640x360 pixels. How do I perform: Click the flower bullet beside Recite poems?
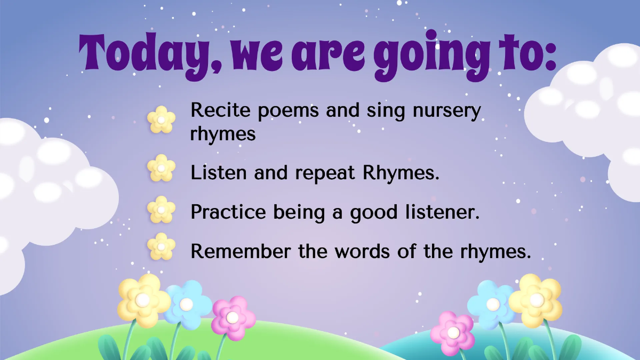coord(161,119)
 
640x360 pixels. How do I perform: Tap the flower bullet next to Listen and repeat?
coord(161,168)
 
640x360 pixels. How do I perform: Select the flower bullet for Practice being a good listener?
coord(161,209)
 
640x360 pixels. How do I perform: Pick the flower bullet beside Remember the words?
coord(161,246)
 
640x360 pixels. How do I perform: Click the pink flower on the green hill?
coord(233,318)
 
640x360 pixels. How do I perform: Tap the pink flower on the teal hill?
coord(453,333)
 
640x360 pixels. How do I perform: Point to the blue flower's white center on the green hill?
coord(186,305)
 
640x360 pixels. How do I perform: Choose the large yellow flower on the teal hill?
coord(535,300)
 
